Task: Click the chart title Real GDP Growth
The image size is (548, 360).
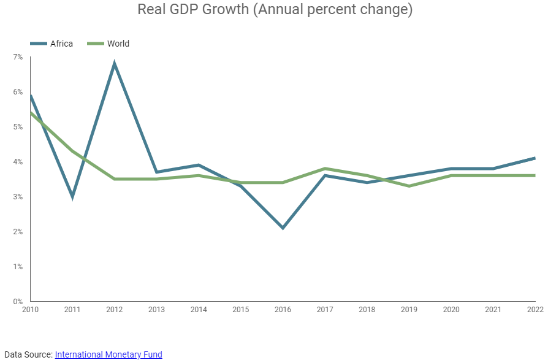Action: (274, 10)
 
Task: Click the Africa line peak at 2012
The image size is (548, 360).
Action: (115, 63)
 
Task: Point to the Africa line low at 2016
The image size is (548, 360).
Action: (283, 228)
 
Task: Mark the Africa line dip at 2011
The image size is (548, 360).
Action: (72, 197)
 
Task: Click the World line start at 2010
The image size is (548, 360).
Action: (31, 113)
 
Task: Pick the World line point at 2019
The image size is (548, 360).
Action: (409, 186)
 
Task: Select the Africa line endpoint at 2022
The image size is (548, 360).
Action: (535, 158)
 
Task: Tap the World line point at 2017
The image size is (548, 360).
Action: (325, 169)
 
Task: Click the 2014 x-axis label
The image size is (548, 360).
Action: (199, 310)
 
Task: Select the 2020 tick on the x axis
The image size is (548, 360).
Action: (451, 310)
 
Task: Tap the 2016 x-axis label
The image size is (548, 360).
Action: (283, 310)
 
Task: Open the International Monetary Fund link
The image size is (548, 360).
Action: (108, 354)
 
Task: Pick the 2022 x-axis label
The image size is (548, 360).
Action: (535, 310)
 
